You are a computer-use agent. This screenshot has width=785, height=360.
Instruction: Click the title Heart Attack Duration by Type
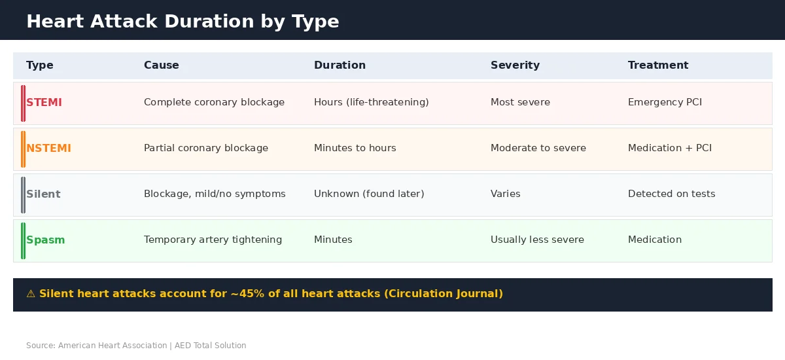183,22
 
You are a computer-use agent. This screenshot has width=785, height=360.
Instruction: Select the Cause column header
161,65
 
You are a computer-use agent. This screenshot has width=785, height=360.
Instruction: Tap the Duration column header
340,65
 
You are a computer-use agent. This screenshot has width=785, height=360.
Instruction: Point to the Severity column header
515,65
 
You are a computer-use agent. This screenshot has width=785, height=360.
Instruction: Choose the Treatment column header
657,65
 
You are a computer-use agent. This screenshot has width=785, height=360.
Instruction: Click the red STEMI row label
44,103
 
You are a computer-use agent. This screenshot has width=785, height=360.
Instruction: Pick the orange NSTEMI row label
48,149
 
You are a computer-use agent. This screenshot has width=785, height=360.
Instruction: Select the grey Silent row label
43,194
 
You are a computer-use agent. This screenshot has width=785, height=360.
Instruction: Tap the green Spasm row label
45,240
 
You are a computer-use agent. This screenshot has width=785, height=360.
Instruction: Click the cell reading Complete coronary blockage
214,103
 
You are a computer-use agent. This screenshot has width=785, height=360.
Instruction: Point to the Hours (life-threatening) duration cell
371,103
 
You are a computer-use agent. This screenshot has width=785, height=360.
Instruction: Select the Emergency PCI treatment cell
665,103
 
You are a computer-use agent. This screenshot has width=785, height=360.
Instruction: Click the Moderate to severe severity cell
538,149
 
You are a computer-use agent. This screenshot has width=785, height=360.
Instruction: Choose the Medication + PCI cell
669,149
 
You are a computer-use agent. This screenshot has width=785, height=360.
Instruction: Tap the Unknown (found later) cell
369,194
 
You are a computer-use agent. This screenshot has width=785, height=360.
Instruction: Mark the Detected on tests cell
671,194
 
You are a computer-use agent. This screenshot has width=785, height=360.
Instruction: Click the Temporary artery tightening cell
213,240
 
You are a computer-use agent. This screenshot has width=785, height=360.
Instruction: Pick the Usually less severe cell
537,240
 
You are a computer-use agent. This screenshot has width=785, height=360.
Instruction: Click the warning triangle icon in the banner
31,294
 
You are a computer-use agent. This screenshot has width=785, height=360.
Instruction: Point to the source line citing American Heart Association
136,346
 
